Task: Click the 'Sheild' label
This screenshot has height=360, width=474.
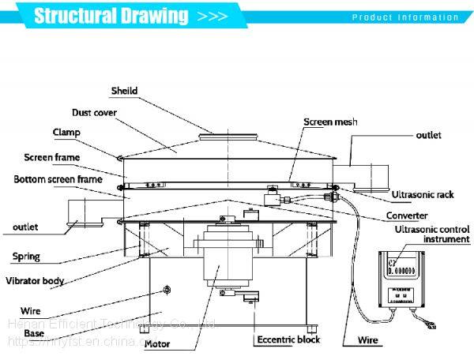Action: tap(124, 91)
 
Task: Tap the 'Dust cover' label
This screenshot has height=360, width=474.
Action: tap(95, 113)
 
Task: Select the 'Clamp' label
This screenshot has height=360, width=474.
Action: tap(67, 132)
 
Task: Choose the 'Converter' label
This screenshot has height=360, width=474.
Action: tap(408, 215)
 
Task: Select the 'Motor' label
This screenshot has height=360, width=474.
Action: tap(156, 344)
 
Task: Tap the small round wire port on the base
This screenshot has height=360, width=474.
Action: tap(166, 294)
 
